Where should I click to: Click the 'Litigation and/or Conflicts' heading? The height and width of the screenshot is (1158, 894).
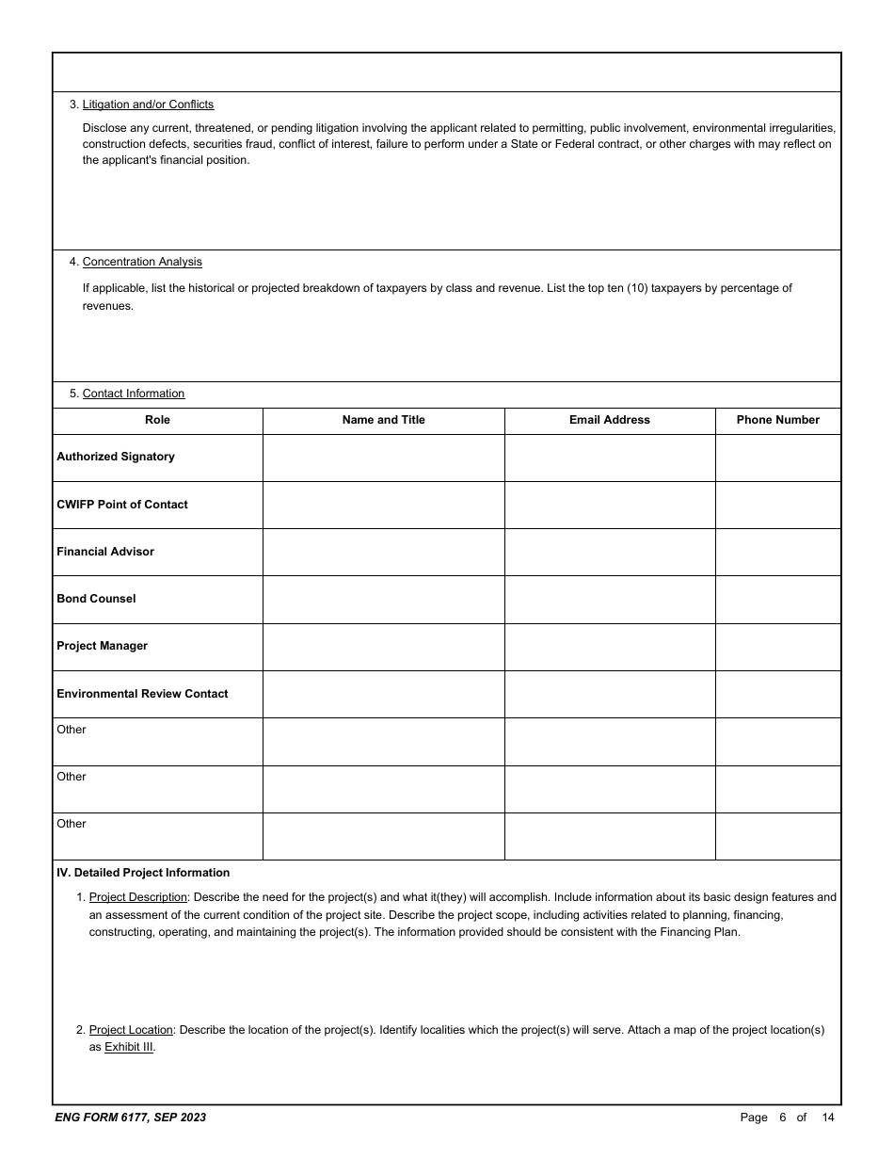pyautogui.click(x=148, y=105)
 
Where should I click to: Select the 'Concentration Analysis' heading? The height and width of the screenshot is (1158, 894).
pyautogui.click(x=142, y=262)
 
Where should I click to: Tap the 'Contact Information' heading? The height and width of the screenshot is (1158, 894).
pyautogui.click(x=134, y=394)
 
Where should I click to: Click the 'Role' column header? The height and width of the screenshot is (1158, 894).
pyautogui.click(x=157, y=420)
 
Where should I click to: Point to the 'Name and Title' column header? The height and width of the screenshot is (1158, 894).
pyautogui.click(x=383, y=420)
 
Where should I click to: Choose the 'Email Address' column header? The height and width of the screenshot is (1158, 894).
pyautogui.click(x=609, y=420)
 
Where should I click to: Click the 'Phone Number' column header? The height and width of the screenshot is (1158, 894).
pyautogui.click(x=777, y=420)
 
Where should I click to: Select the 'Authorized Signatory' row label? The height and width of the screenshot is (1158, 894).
pyautogui.click(x=116, y=457)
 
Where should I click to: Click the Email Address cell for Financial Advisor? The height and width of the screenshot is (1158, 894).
pyautogui.click(x=609, y=552)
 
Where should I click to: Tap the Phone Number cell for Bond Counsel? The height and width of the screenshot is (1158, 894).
pyautogui.click(x=777, y=599)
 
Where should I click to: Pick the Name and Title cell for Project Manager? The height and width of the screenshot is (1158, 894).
pyautogui.click(x=383, y=647)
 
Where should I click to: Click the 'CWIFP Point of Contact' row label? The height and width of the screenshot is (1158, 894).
pyautogui.click(x=122, y=505)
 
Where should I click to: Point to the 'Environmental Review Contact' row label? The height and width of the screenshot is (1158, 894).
pyautogui.click(x=142, y=694)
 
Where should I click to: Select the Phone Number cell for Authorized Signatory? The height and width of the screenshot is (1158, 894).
pyautogui.click(x=777, y=458)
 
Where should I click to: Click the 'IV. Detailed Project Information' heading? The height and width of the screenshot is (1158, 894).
pyautogui.click(x=142, y=873)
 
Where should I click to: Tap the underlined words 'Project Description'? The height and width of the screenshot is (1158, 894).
pyautogui.click(x=137, y=897)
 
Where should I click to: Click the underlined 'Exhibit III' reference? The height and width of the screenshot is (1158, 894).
pyautogui.click(x=129, y=1047)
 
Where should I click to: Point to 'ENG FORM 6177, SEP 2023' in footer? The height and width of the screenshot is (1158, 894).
pyautogui.click(x=131, y=1118)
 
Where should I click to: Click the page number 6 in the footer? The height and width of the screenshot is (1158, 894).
pyautogui.click(x=782, y=1118)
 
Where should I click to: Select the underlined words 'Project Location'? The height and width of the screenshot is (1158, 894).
pyautogui.click(x=131, y=1030)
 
